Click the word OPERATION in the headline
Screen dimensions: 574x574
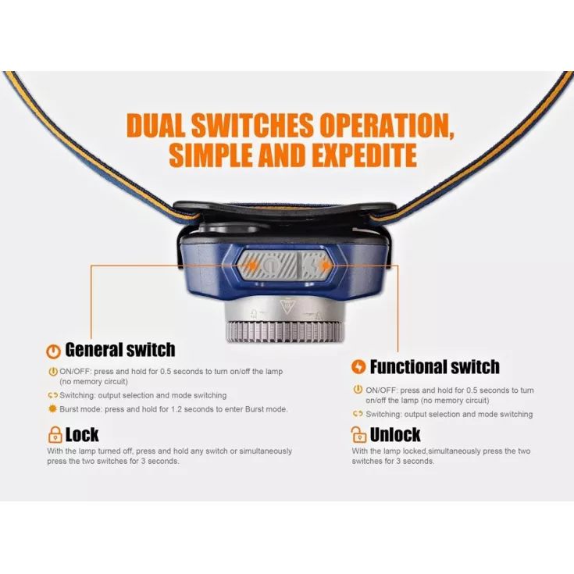387,126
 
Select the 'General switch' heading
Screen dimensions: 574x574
120,350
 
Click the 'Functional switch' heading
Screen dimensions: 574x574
434,367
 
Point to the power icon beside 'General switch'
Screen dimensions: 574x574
53,351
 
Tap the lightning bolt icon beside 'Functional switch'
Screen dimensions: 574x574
358,367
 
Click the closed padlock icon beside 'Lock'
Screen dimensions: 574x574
55,435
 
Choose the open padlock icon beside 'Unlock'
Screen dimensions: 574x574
358,434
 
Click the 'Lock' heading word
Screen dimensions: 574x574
82,435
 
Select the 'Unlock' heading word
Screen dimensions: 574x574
395,435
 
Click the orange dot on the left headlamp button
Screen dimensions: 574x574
252,264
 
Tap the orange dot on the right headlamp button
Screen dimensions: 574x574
325,265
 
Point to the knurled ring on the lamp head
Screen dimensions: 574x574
286,332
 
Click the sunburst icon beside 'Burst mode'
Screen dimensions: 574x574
53,409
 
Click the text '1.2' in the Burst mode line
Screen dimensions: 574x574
176,409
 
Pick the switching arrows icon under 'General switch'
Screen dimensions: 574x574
53,395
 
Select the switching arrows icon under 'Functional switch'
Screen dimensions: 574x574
358,414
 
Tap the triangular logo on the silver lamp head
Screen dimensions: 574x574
287,306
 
